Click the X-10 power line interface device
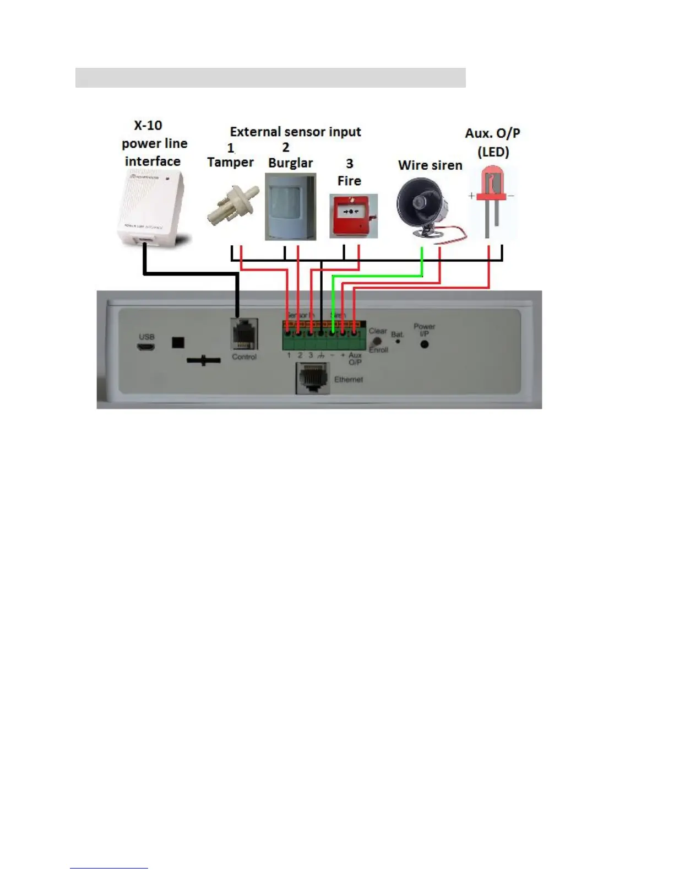150,208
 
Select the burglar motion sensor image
290,206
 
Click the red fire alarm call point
353,215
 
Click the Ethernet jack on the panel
313,379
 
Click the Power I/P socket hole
425,344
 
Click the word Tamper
230,163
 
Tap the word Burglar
290,163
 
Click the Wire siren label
430,165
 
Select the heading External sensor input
295,132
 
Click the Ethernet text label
349,380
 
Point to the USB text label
146,337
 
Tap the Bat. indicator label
397,335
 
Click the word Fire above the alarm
349,181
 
